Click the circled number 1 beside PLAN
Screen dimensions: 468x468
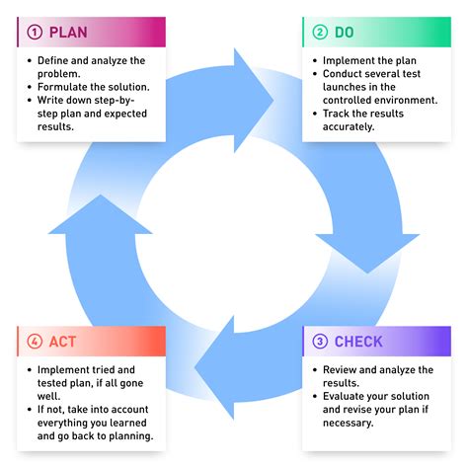(x=35, y=33)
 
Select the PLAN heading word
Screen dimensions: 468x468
(x=68, y=33)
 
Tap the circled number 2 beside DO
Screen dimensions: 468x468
(x=320, y=33)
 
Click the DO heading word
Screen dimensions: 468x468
(x=345, y=33)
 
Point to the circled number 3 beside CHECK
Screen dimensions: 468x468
(x=320, y=343)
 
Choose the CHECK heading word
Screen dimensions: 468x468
(x=359, y=343)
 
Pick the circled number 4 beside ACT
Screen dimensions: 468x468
(x=35, y=343)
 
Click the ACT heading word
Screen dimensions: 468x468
(x=61, y=343)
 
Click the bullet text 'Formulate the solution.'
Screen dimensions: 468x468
(x=95, y=87)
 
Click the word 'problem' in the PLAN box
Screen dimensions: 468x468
(x=61, y=73)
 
